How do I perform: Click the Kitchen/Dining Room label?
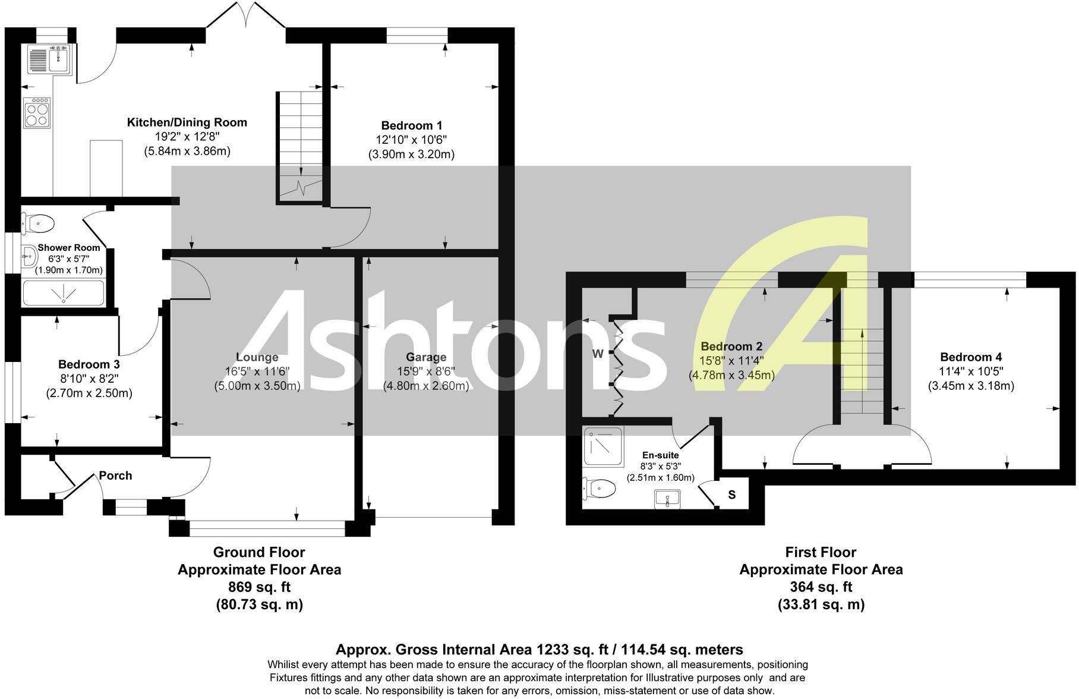pos(187,122)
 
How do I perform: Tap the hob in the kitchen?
pos(37,112)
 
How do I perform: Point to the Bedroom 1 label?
pos(411,125)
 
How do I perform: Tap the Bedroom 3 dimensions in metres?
pos(89,393)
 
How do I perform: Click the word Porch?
pos(115,476)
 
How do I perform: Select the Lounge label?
pos(257,357)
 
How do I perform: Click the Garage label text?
pos(426,357)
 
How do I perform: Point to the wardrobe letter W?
pos(598,354)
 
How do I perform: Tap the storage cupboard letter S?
pos(732,495)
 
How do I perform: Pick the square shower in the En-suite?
pos(602,446)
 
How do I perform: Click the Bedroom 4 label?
pos(971,357)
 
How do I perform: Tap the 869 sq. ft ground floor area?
pos(259,587)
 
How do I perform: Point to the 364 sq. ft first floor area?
pos(821,587)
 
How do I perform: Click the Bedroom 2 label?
pos(731,347)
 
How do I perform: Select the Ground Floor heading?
pos(259,552)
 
